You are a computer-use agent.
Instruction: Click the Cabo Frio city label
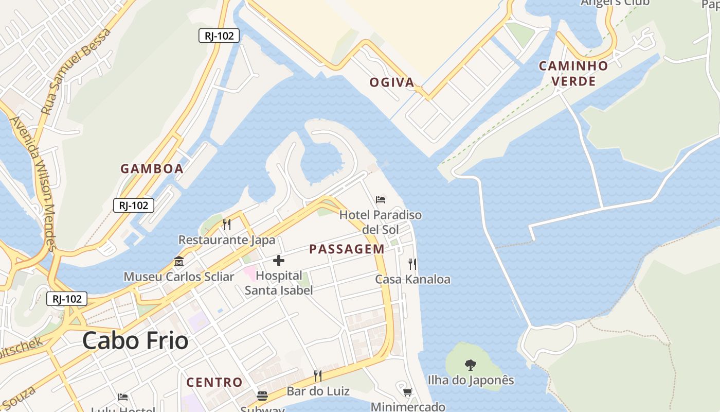(135, 341)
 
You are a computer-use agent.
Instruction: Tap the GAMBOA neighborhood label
(152, 169)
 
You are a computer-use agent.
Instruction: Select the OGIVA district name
(392, 82)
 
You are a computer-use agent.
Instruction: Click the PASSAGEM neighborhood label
(347, 249)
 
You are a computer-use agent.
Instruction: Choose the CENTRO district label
(214, 382)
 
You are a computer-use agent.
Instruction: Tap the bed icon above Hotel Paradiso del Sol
(381, 200)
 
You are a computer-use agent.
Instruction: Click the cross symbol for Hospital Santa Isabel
(279, 261)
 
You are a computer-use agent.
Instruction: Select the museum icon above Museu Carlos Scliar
(179, 262)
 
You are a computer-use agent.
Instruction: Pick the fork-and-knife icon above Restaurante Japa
(226, 225)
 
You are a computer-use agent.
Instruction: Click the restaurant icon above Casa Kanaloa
(412, 264)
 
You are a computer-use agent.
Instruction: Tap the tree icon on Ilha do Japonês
(470, 365)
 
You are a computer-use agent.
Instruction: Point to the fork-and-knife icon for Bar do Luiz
(318, 375)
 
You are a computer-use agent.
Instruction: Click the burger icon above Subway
(262, 396)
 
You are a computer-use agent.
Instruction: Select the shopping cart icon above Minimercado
(408, 392)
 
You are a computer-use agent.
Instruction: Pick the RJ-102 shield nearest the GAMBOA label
(134, 205)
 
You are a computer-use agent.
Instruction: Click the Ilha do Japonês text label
(471, 380)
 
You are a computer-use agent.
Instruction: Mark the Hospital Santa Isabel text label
(279, 283)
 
